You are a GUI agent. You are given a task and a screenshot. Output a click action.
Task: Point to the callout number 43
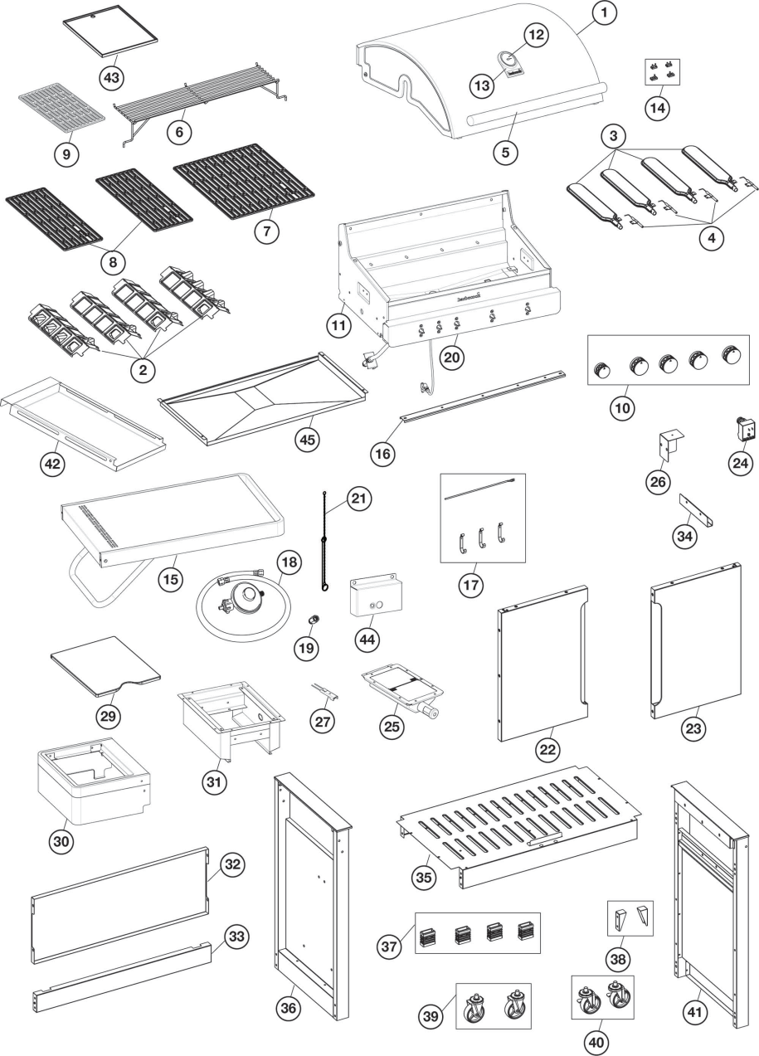[111, 76]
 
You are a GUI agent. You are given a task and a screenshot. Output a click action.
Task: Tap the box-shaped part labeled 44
[377, 596]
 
